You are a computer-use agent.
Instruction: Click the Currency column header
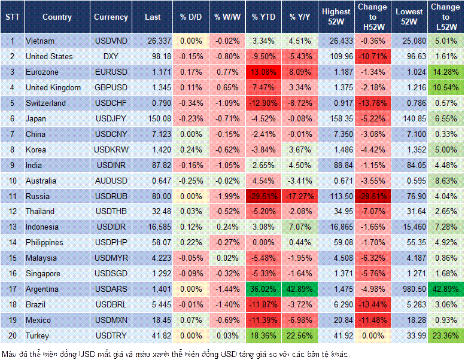[x=111, y=17]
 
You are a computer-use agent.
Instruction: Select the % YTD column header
[x=263, y=17]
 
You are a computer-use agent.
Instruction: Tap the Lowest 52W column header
[x=409, y=17]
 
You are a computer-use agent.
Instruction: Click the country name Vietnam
[x=40, y=41]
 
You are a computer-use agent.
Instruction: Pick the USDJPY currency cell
[x=110, y=118]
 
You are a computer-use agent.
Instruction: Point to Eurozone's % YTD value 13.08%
[x=263, y=72]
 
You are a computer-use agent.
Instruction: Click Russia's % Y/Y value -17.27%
[x=301, y=196]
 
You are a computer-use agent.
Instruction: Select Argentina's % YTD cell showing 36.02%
[x=263, y=289]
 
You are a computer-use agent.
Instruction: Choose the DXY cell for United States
[x=110, y=56]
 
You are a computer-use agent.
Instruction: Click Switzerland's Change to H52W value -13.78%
[x=372, y=103]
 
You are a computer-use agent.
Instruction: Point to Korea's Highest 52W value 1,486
[x=336, y=150]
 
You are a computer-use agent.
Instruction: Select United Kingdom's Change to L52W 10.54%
[x=445, y=87]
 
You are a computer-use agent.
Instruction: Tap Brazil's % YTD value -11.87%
[x=263, y=305]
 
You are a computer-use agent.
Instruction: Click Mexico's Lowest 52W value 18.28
[x=409, y=321]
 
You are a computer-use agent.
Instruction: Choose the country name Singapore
[x=43, y=274]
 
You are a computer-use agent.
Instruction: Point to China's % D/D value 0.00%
[x=191, y=134]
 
